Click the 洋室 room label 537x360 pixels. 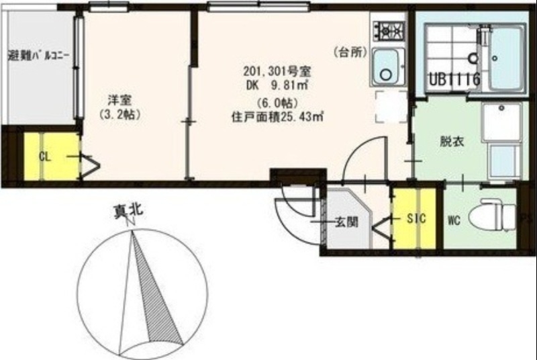121,99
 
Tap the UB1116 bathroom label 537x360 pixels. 454,80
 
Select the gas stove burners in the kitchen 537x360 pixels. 389,30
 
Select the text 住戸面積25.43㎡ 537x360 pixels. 277,116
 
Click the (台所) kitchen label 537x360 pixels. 349,52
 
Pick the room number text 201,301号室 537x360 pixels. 277,71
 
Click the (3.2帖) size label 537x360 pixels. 121,114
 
